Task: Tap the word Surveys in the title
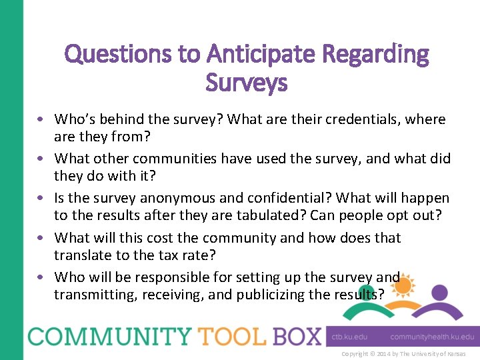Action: tap(247, 83)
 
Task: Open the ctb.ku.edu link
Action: tap(349, 337)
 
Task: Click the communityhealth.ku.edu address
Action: tap(432, 337)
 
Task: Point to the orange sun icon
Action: tap(403, 286)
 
